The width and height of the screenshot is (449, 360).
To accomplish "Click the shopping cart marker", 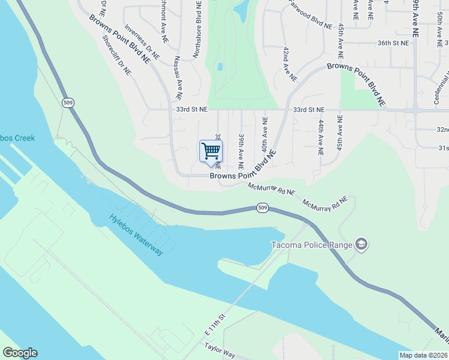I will [x=211, y=152].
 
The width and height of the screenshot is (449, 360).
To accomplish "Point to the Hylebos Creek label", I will [x=17, y=138].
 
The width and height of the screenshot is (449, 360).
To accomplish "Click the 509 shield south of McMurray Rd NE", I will [x=262, y=208].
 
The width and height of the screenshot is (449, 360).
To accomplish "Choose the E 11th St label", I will [x=214, y=325].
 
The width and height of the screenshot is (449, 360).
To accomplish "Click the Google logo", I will [x=20, y=353].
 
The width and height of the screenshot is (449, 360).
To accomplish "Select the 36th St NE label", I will [x=393, y=43].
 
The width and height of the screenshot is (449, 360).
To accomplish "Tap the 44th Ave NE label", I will [x=321, y=137].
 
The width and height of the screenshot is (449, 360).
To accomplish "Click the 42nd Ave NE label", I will [x=290, y=64].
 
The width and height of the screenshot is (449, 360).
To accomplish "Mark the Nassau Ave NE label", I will [x=178, y=77].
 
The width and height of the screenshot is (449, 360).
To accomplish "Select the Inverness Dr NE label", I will [x=142, y=41].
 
